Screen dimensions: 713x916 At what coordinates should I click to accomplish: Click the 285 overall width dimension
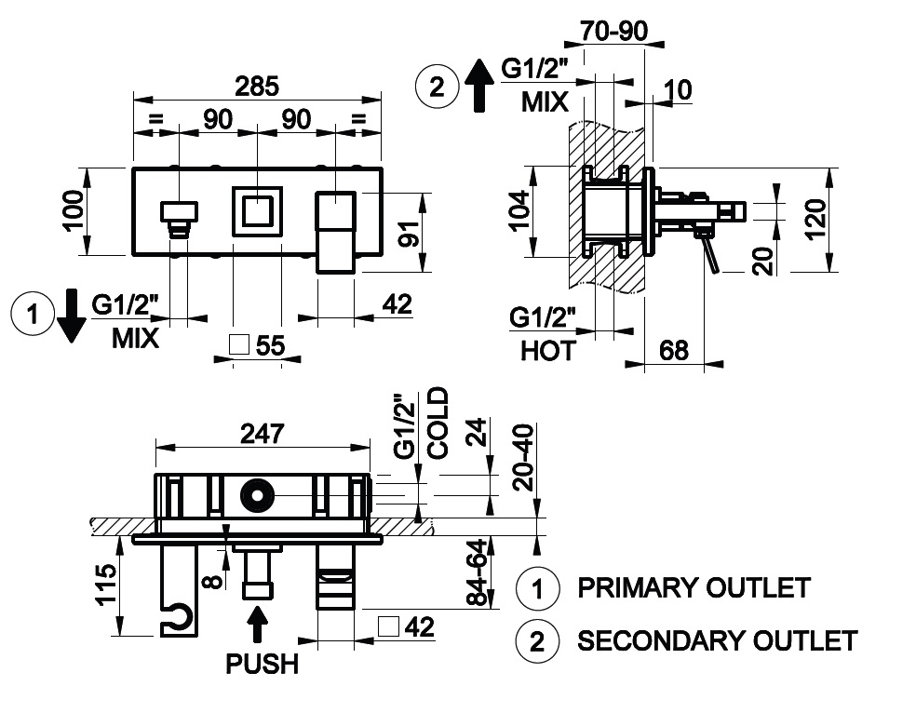pyautogui.click(x=257, y=87)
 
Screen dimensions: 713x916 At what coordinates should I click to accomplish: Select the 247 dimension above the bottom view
pyautogui.click(x=263, y=434)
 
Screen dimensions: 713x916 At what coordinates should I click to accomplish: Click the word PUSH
pyautogui.click(x=263, y=664)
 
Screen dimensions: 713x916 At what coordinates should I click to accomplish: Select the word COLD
pyautogui.click(x=438, y=423)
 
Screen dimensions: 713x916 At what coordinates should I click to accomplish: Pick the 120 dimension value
pyautogui.click(x=817, y=220)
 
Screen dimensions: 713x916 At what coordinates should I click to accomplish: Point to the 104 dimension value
pyautogui.click(x=518, y=212)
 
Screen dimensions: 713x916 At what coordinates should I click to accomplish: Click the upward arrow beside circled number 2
pyautogui.click(x=478, y=84)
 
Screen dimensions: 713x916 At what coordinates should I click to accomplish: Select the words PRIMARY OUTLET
pyautogui.click(x=694, y=588)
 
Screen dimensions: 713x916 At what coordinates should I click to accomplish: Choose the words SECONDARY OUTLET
pyautogui.click(x=717, y=640)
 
